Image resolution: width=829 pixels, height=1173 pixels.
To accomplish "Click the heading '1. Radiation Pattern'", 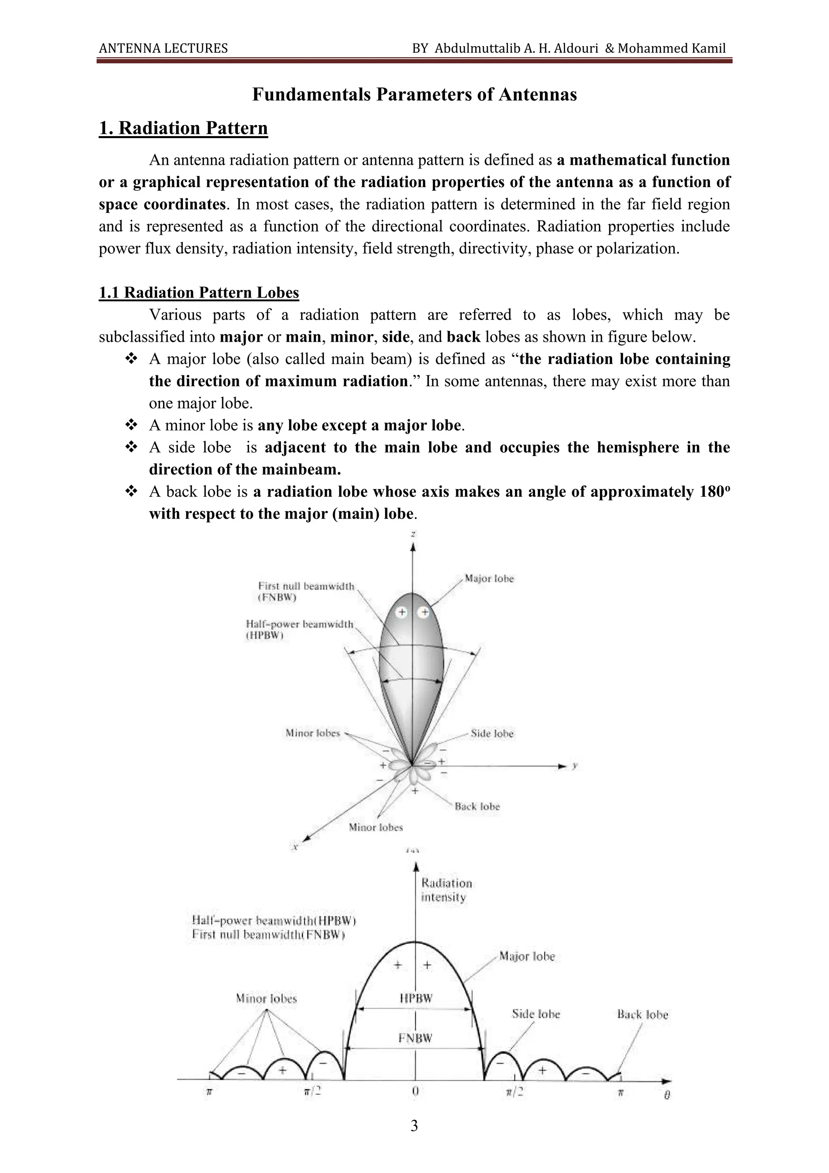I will (183, 128).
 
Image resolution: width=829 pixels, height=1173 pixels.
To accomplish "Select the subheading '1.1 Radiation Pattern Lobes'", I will (199, 293).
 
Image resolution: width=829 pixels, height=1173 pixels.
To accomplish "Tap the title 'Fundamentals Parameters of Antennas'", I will (414, 94).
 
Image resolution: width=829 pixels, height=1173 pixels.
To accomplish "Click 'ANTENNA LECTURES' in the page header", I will (164, 49).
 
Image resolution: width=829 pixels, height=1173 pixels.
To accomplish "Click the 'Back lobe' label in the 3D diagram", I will (477, 807).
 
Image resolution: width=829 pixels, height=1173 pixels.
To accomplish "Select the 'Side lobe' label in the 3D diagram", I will (492, 734).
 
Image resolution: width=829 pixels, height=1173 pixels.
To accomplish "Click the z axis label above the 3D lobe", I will (413, 534).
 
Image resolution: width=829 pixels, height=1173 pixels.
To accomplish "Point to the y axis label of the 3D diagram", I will (575, 766).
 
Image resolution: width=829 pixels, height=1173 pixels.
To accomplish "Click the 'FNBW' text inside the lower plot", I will (415, 1038).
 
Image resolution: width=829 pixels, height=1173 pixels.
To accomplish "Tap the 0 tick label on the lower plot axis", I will (415, 1092).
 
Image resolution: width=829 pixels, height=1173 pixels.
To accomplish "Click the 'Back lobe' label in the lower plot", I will (642, 1015).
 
